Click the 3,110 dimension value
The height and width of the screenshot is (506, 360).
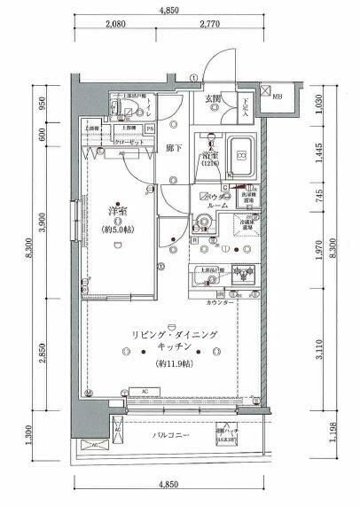pos(321,354)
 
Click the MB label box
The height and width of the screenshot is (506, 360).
pos(278,96)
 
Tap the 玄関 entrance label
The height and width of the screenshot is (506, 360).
pos(214,98)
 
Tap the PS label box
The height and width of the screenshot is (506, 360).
pos(151,128)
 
